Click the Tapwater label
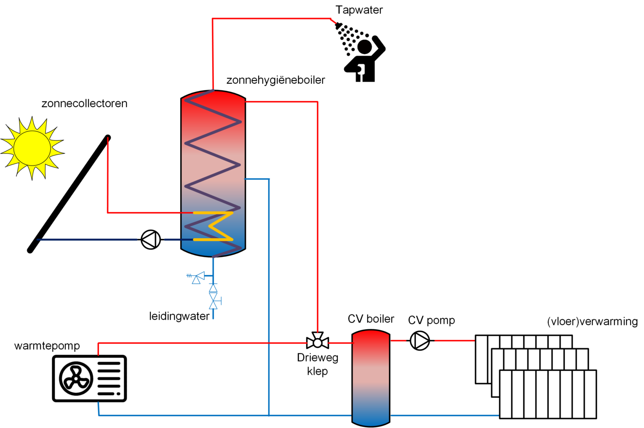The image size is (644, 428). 359,10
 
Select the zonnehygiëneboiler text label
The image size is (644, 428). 275,80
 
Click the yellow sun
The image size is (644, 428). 32,148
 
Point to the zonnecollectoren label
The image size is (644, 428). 84,104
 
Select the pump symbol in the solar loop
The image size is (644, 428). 151,240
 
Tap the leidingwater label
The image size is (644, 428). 179,316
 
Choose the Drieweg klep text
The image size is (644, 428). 317,364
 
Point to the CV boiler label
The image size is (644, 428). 371,319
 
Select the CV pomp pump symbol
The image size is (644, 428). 420,340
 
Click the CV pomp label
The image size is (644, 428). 431,320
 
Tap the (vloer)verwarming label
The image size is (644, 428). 592,322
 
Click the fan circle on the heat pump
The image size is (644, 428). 76,379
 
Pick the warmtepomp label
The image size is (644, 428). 47,346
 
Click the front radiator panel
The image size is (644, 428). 548,394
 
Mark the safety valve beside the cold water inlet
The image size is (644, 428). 197,278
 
